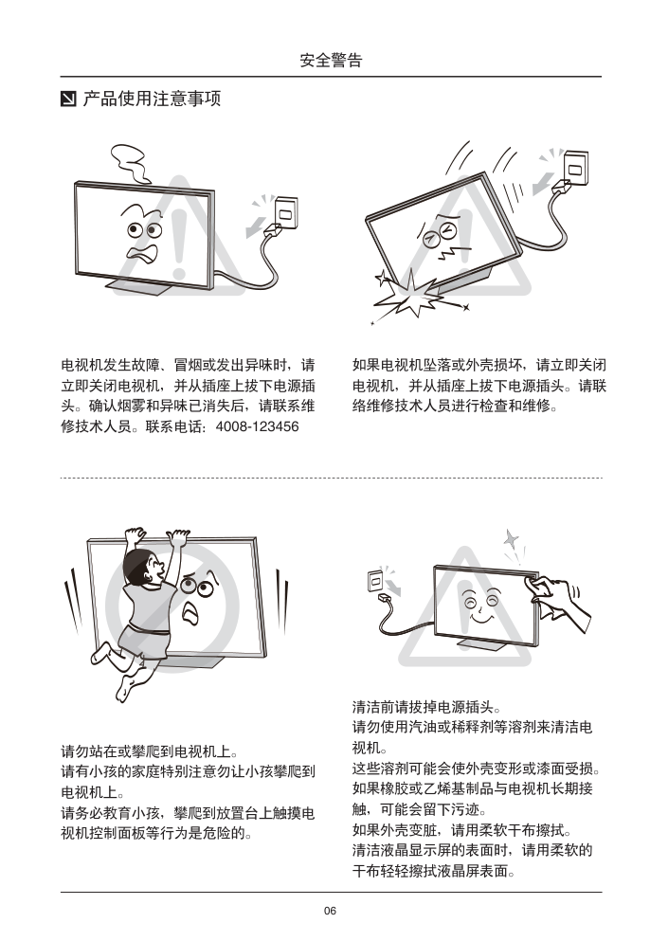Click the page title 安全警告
331,60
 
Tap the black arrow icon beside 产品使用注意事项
68,99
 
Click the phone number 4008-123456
257,426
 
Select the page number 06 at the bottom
330,911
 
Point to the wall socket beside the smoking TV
286,212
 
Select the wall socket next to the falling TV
575,168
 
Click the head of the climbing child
141,566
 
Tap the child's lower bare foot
125,688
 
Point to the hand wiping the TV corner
555,598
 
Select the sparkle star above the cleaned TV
511,539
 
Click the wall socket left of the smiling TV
377,581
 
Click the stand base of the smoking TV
141,287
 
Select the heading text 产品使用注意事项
152,99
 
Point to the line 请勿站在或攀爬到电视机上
150,751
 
